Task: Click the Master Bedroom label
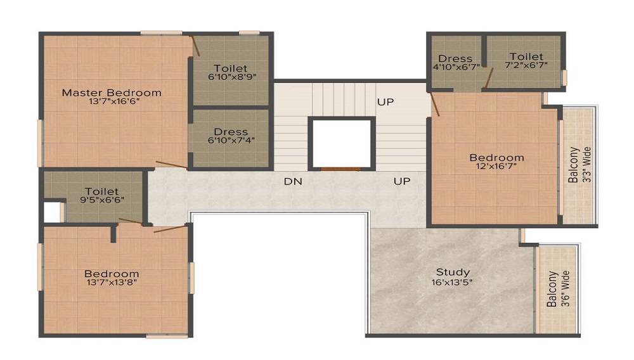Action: point(112,93)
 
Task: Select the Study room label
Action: point(453,273)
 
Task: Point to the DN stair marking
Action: point(292,181)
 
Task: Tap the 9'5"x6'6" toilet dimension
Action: point(102,200)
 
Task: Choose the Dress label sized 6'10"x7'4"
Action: point(231,132)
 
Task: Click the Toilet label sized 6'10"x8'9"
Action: point(231,68)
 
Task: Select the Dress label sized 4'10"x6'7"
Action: point(455,58)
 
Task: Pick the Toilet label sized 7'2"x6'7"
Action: point(526,56)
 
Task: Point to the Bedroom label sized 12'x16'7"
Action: point(496,157)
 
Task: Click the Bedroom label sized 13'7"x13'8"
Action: point(112,274)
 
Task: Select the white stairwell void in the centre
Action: point(340,143)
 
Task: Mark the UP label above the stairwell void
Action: point(385,101)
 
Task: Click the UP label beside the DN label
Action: point(401,181)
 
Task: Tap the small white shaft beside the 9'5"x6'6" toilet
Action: point(51,211)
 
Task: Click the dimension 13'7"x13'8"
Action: point(112,283)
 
